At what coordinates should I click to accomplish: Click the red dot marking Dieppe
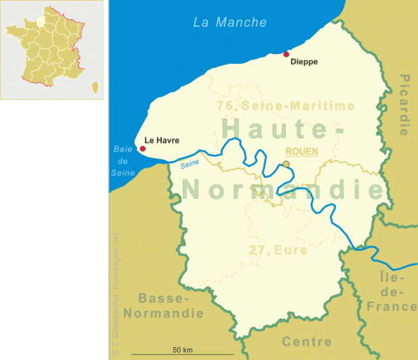tap(287, 54)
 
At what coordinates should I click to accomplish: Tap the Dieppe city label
tap(303, 62)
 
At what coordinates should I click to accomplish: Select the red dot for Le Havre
tap(142, 148)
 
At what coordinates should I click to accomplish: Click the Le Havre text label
tap(162, 141)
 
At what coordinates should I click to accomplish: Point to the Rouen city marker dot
tap(286, 164)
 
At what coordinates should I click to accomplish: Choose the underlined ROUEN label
tap(302, 151)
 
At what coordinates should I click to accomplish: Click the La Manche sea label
tap(230, 22)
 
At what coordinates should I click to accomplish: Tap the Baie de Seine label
tap(123, 162)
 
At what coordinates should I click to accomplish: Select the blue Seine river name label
tap(190, 162)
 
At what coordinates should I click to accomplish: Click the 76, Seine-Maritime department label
tap(285, 106)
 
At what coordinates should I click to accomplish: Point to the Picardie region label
tap(404, 104)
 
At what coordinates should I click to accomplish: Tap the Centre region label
tap(307, 342)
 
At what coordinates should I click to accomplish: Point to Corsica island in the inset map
tap(95, 86)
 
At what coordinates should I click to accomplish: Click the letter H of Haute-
tap(231, 127)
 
